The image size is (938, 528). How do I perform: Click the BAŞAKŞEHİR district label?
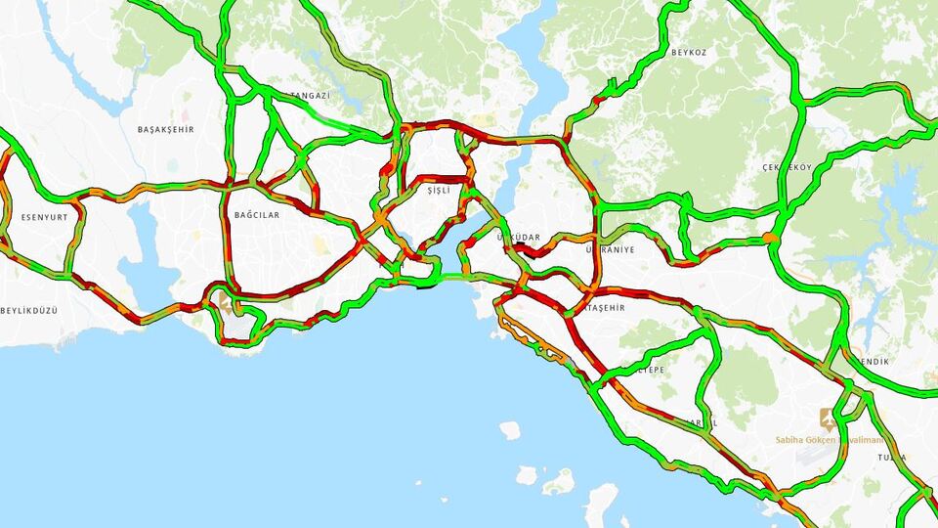pyautogui.click(x=166, y=129)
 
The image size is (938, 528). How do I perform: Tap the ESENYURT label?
pyautogui.click(x=45, y=217)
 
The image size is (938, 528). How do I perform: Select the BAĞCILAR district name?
pyautogui.click(x=257, y=214)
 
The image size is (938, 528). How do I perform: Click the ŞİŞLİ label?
pyautogui.click(x=440, y=191)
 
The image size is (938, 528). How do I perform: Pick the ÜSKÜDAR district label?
pyautogui.click(x=518, y=238)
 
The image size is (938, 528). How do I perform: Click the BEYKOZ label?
pyautogui.click(x=688, y=53)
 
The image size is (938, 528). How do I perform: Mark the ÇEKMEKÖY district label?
pyautogui.click(x=788, y=167)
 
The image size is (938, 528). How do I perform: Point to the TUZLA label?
pyautogui.click(x=891, y=457)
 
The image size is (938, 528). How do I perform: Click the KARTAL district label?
pyautogui.click(x=701, y=422)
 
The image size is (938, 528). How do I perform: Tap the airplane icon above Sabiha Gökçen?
pyautogui.click(x=829, y=418)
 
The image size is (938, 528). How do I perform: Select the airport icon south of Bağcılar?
pyautogui.click(x=226, y=304)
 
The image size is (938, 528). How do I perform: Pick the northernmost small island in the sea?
pyautogui.click(x=509, y=429)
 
